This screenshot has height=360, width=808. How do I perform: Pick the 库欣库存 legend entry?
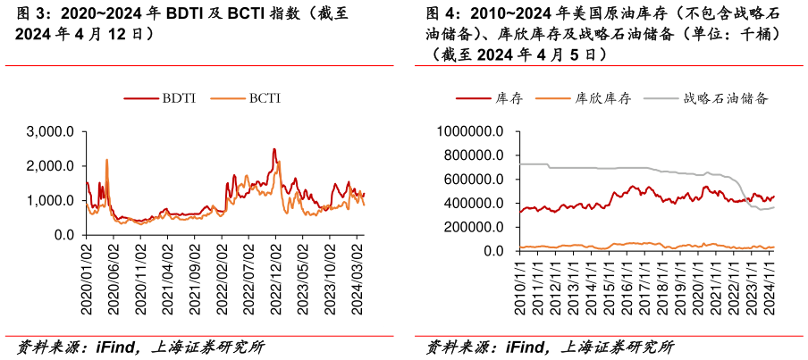click(603, 98)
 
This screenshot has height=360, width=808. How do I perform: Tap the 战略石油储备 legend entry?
click(726, 98)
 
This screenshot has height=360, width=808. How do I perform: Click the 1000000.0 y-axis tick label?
click(471, 131)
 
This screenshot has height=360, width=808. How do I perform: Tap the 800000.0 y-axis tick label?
click(475, 155)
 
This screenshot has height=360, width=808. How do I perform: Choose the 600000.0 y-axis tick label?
click(475, 180)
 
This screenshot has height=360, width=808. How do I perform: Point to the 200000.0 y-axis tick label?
click(475, 228)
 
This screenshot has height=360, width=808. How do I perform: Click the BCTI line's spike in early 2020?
click(107, 161)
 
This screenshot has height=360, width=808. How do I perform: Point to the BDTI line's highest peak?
click(274, 149)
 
